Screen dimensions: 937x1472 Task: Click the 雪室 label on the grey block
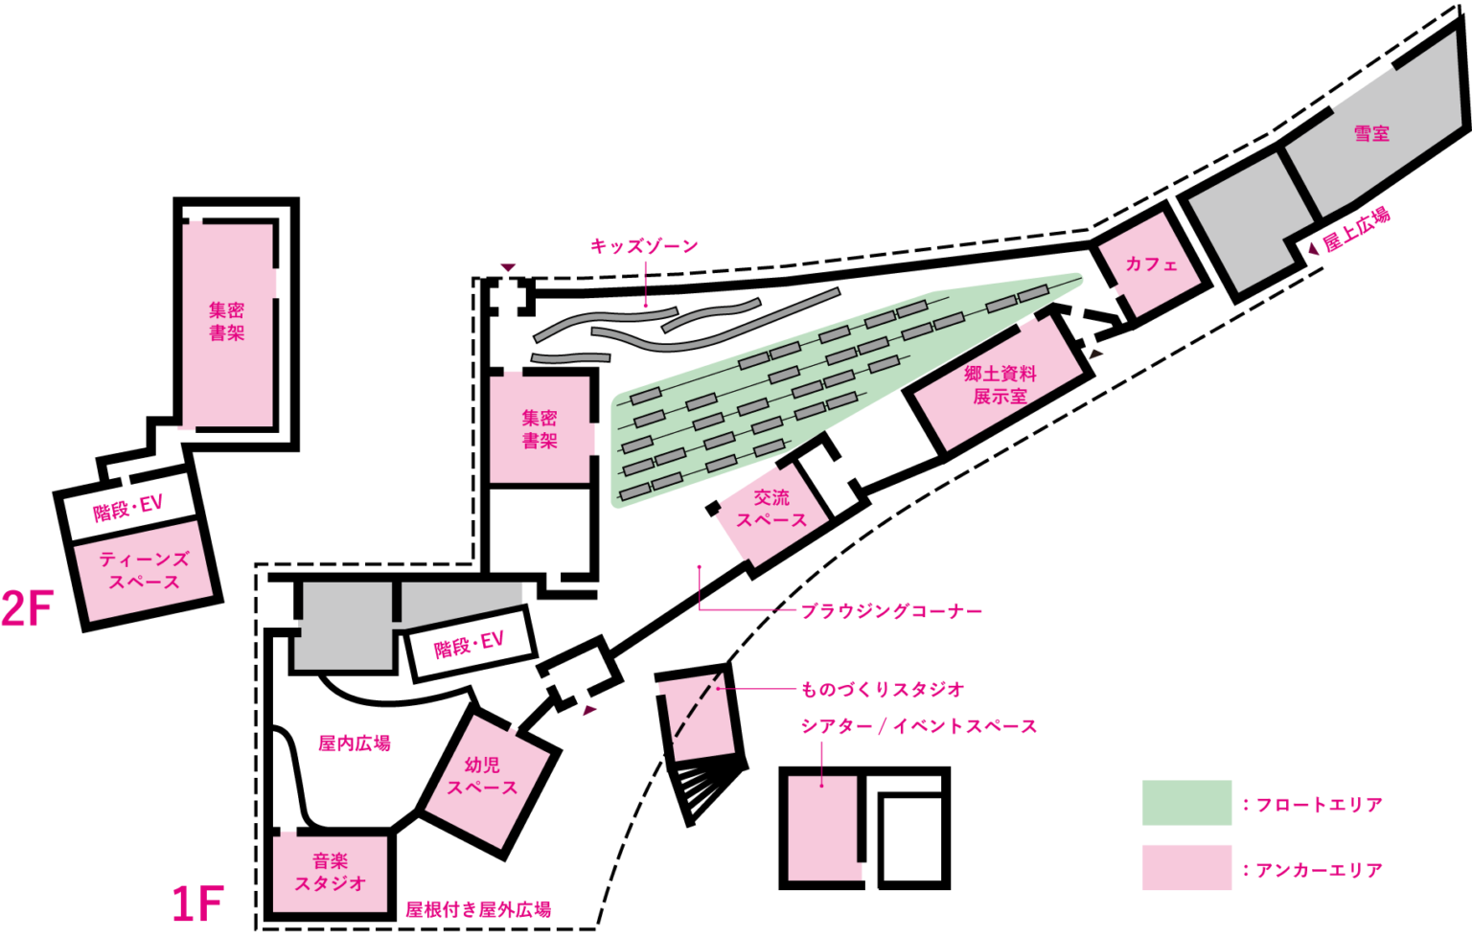coord(1371,134)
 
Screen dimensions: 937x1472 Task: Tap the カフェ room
coord(1149,264)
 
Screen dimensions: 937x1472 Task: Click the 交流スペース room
coord(771,511)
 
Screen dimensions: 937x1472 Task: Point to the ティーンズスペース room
coord(144,571)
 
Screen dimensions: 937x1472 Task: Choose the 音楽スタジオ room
coord(330,873)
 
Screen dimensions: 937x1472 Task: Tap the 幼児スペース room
coord(486,778)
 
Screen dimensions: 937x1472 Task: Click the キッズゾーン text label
coord(644,246)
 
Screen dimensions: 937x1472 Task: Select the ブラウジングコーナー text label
coord(891,610)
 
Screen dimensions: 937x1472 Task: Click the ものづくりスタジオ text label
coord(883,689)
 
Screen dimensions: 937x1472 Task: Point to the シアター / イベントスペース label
coord(918,726)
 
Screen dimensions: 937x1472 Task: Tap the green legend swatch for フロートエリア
coord(1186,803)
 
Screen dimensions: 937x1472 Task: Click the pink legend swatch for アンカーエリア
coord(1186,867)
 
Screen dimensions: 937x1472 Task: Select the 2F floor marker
coord(28,609)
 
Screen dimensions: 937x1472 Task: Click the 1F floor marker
coord(197,903)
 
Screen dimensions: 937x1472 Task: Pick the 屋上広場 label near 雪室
coord(1356,230)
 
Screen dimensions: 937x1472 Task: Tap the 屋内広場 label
coord(355,743)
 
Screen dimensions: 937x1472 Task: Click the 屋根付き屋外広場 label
coord(478,909)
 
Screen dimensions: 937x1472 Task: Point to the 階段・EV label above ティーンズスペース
coord(128,508)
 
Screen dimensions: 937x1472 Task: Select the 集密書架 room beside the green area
coord(540,429)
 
